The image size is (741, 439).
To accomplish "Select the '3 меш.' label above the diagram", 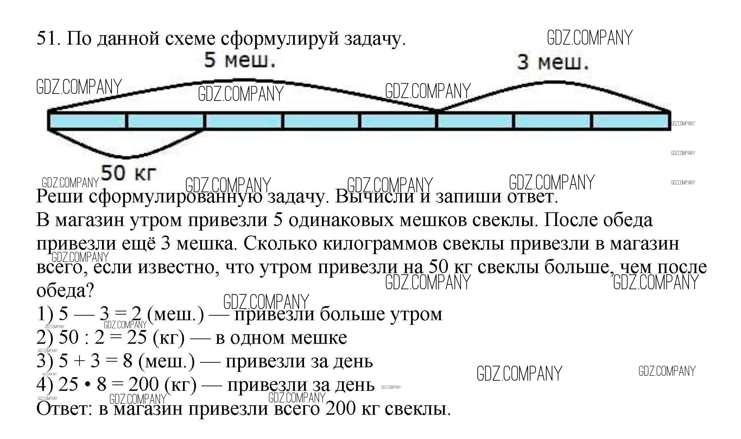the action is tap(553, 62).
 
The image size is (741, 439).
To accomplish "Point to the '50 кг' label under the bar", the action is tap(128, 173).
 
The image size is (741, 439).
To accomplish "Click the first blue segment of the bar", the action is tap(87, 121).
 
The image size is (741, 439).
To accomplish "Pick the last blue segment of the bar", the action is tap(631, 121).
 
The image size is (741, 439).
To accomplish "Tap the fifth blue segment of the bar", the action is tap(398, 121).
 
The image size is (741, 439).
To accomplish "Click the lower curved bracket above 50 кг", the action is tap(126, 157).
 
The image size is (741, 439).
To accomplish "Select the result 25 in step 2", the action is tap(137, 337).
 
